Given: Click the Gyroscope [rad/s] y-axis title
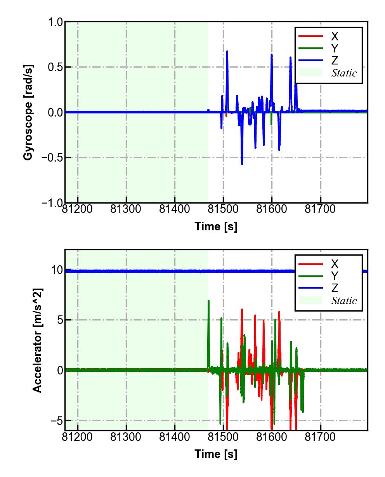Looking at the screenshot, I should [x=28, y=112].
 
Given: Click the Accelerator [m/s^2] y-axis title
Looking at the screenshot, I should [x=37, y=340].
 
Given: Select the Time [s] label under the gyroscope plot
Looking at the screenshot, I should [x=216, y=226].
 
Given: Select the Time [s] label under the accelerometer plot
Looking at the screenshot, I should [x=216, y=454].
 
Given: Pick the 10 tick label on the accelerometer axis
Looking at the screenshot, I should [x=57, y=270].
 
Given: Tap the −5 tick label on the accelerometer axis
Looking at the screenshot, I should [x=56, y=421].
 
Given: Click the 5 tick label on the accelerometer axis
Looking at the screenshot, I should [x=59, y=320].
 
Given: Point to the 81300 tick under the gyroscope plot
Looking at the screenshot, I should [x=126, y=209].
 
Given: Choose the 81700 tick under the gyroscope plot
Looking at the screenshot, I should [x=320, y=209].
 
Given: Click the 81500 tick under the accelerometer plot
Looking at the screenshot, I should [x=223, y=437].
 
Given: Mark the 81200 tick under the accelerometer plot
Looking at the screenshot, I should [x=78, y=437].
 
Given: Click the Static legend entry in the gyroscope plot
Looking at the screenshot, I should [x=343, y=73].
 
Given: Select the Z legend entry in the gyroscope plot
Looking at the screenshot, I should [x=335, y=60].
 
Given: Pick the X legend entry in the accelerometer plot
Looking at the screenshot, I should [x=335, y=264].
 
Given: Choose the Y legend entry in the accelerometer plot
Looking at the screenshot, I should [x=335, y=276].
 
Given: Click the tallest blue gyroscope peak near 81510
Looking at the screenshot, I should [x=227, y=52].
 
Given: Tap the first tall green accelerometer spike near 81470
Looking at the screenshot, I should [x=208, y=301].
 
